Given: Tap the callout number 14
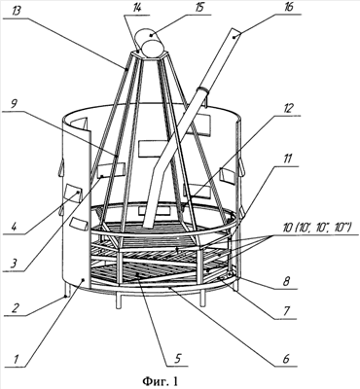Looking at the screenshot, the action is click(137, 8).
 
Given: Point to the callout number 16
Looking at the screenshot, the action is click(287, 8).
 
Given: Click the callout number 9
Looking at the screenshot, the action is click(15, 105).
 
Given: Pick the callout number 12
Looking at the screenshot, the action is click(287, 109).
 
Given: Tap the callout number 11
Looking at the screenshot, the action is click(286, 159).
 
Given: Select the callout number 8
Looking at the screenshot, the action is click(285, 281).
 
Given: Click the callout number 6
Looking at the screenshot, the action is click(285, 359).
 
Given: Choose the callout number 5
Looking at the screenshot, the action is click(177, 359).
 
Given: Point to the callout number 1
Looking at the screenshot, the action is click(16, 359).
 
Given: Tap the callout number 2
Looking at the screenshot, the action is click(15, 308).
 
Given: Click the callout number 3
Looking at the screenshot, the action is click(15, 265).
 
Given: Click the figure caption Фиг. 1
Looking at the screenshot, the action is click(161, 380).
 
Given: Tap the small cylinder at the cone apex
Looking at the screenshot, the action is click(150, 43).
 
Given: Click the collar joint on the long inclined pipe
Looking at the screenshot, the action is click(203, 89).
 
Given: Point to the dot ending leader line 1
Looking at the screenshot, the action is click(84, 279).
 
